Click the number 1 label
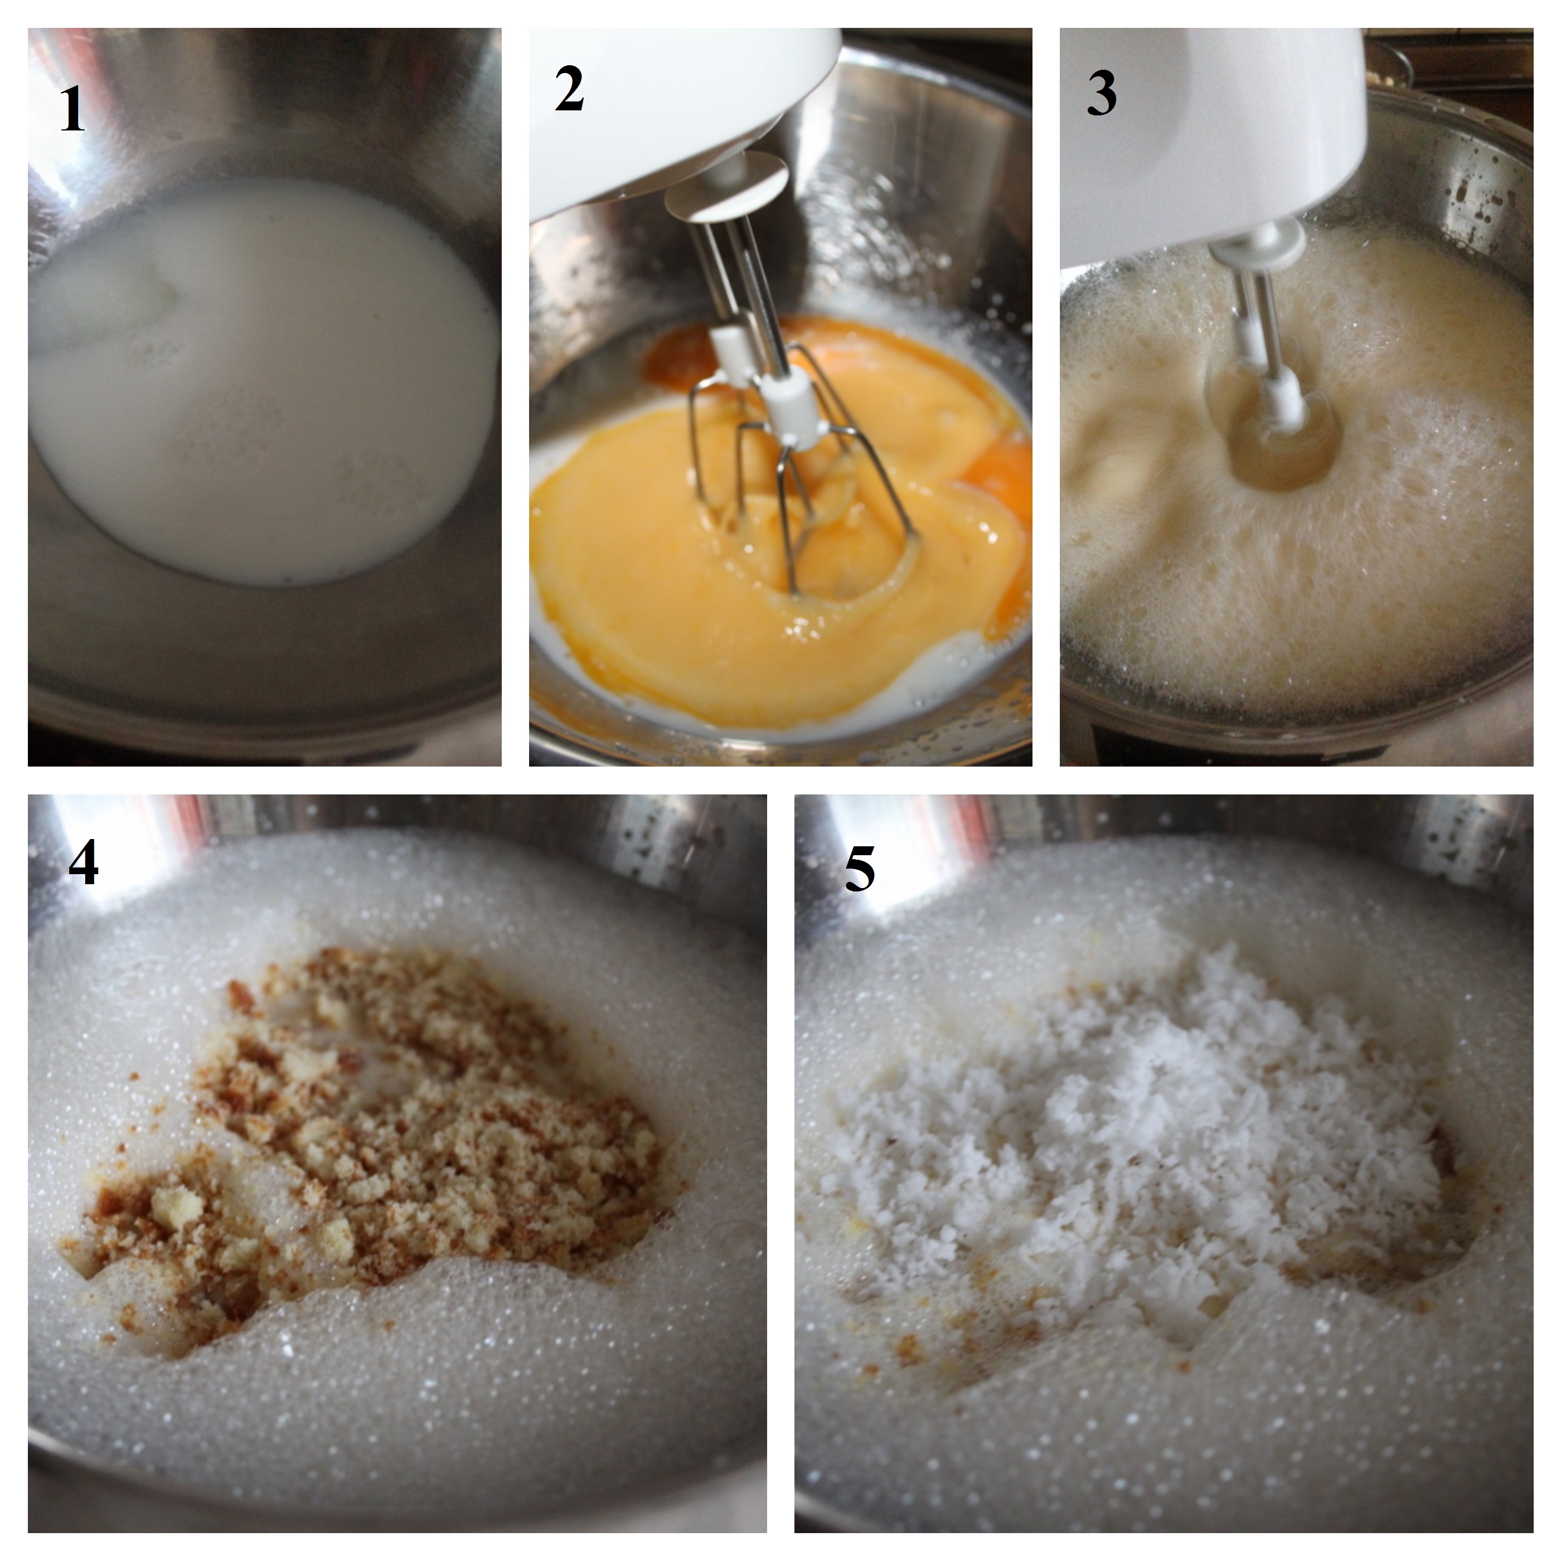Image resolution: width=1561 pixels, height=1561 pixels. coord(72,110)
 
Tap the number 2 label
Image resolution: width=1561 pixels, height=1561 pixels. coord(570,90)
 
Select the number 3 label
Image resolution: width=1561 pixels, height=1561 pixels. coord(1101,94)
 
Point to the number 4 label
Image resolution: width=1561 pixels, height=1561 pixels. coord(83,863)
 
